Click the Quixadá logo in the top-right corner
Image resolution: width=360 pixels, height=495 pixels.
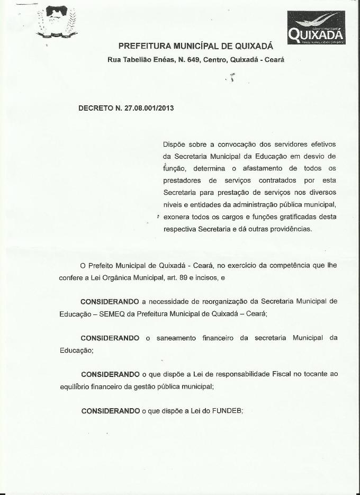(x=317, y=28)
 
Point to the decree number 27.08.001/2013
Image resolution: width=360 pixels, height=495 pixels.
(x=149, y=107)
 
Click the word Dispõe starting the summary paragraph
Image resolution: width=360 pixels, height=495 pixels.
(x=175, y=144)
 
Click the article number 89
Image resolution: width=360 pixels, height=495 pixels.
(x=176, y=277)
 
